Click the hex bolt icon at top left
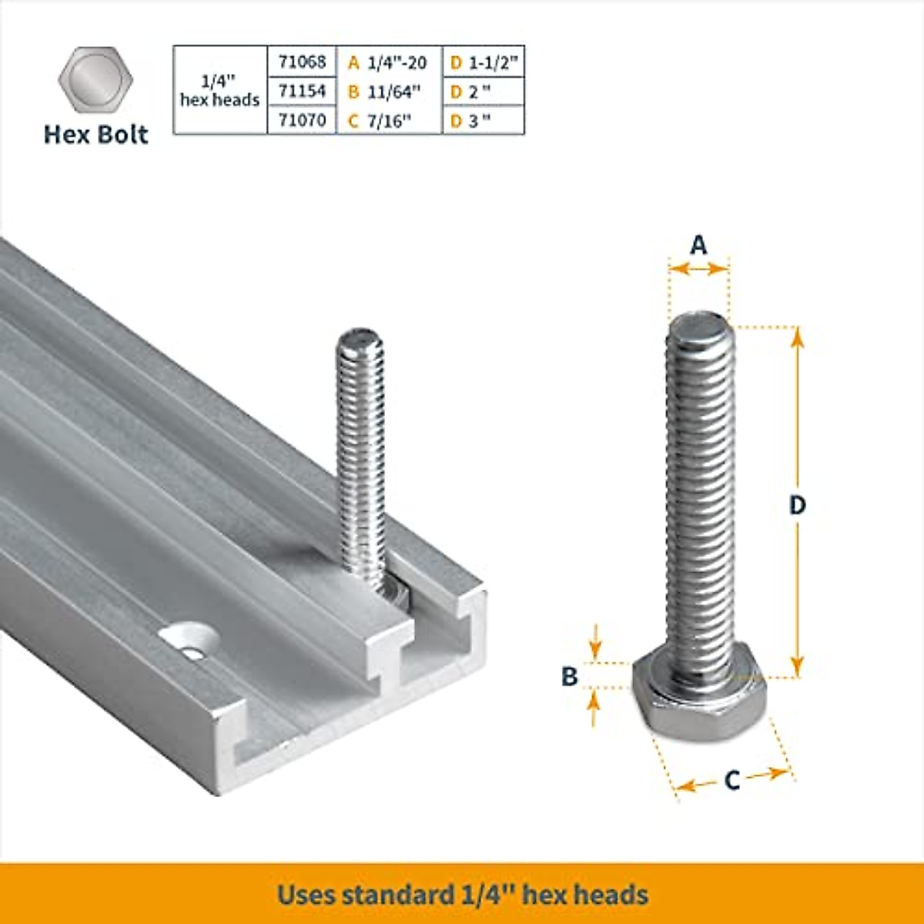click(95, 81)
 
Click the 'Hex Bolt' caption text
click(95, 135)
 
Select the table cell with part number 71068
click(302, 62)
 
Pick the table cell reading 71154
click(302, 91)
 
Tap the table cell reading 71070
click(302, 120)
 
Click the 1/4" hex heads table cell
click(219, 91)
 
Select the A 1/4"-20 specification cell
click(388, 62)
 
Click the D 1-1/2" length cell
click(484, 62)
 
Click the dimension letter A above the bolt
click(698, 245)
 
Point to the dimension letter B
click(569, 676)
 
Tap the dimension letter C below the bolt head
click(732, 781)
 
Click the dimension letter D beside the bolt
click(798, 505)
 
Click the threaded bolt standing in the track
click(361, 454)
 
